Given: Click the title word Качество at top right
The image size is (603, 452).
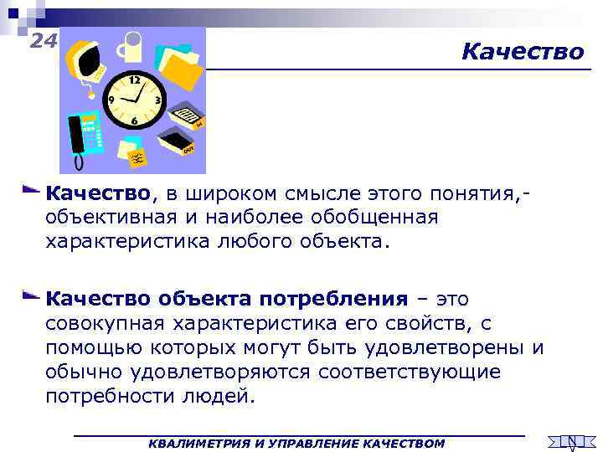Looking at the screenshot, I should point(523,52).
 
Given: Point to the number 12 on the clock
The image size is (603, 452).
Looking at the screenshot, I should point(135,80).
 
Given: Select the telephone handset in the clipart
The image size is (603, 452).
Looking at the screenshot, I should point(76,134).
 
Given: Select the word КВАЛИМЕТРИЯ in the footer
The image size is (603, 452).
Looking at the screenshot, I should point(189,442).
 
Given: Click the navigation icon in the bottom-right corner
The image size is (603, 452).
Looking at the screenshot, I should point(570,441).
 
